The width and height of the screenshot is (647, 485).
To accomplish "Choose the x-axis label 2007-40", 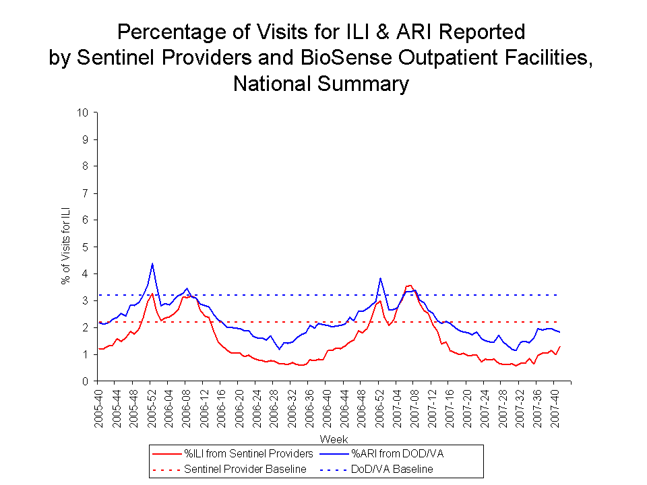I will [x=555, y=403].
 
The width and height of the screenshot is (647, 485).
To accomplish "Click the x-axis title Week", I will [x=334, y=439].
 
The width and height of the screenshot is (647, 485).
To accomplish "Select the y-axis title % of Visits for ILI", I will [x=66, y=246].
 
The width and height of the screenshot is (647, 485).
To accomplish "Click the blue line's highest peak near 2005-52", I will [x=152, y=263].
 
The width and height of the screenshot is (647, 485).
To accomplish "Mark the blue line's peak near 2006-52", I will [x=380, y=278].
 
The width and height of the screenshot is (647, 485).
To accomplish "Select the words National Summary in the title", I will [x=321, y=84].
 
